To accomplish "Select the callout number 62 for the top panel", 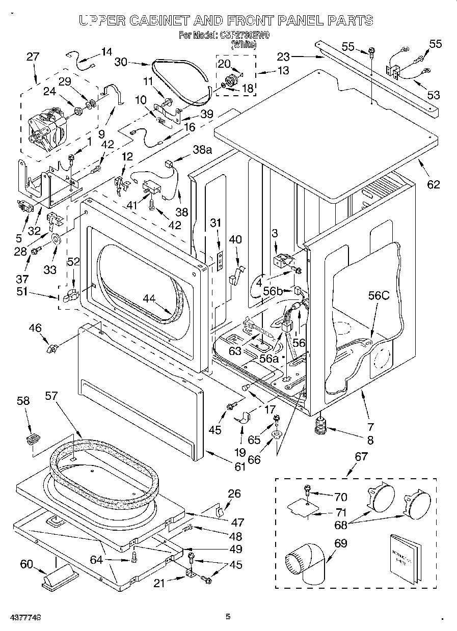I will click(433, 184).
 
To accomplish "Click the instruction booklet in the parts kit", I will click(407, 557).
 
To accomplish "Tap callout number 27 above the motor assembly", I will click(33, 57).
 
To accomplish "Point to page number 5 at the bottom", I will click(228, 617).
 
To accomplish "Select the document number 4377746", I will click(25, 617).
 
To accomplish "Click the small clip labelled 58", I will click(33, 438).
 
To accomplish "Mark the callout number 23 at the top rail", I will click(283, 57).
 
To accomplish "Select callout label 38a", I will click(202, 149).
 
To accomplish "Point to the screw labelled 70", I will click(308, 490).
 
